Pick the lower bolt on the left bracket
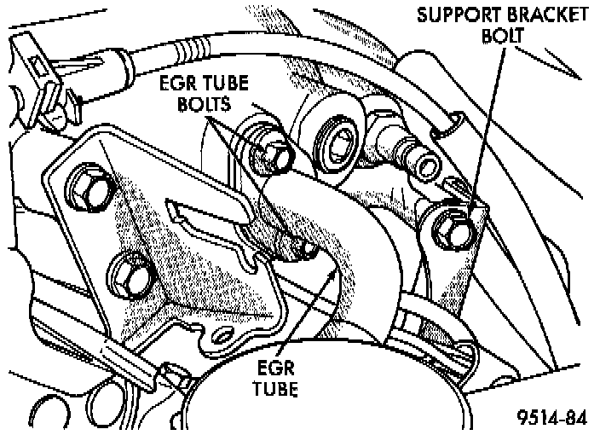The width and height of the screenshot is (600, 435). point(131,275)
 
